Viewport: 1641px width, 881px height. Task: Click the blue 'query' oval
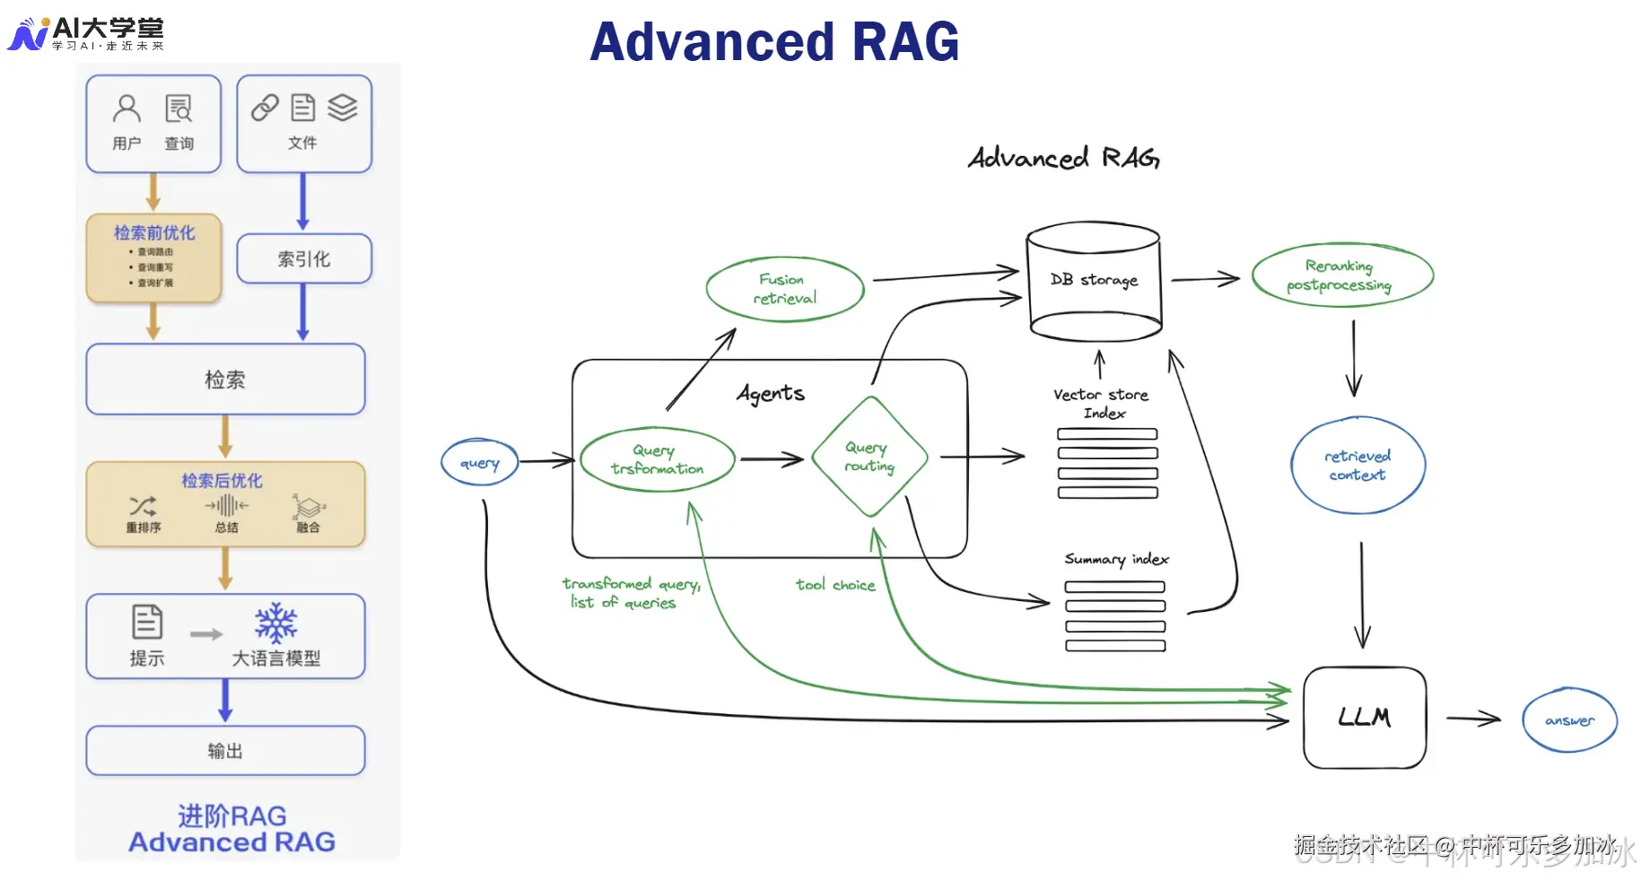click(x=479, y=463)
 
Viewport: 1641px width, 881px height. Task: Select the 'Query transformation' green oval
click(x=658, y=459)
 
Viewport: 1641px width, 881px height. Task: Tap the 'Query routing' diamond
click(x=869, y=457)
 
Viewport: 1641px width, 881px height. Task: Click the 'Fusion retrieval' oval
click(x=785, y=289)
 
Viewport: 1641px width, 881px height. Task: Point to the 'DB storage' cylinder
click(x=1094, y=282)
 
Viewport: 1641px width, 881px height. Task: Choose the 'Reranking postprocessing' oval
click(x=1341, y=275)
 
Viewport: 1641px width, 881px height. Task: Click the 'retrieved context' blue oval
click(x=1357, y=465)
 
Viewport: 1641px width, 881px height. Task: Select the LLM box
click(x=1364, y=717)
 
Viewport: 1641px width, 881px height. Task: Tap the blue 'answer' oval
click(x=1569, y=720)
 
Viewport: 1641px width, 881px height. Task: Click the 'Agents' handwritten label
click(x=771, y=393)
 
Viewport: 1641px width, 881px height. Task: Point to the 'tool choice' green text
click(x=835, y=585)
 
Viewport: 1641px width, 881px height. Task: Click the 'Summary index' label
click(x=1116, y=559)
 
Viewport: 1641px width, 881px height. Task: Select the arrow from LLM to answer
click(x=1472, y=718)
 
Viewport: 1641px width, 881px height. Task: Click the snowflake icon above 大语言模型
click(x=275, y=623)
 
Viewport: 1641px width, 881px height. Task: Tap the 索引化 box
click(x=304, y=259)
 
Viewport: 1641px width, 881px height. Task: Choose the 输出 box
click(x=225, y=751)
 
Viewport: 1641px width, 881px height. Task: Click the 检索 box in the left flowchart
click(x=225, y=379)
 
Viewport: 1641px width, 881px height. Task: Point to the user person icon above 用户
click(x=127, y=109)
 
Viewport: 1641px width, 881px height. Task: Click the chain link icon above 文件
click(x=265, y=108)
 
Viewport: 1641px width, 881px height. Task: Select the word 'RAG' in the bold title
click(x=905, y=42)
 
